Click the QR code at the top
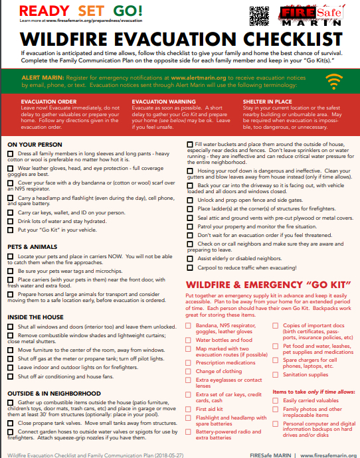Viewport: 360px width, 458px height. point(258,13)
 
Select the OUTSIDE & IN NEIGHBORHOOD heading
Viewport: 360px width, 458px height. point(49,393)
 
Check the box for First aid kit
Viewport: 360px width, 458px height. point(189,409)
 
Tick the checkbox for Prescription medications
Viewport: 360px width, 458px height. point(189,362)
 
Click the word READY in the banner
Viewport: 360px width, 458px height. point(37,11)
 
